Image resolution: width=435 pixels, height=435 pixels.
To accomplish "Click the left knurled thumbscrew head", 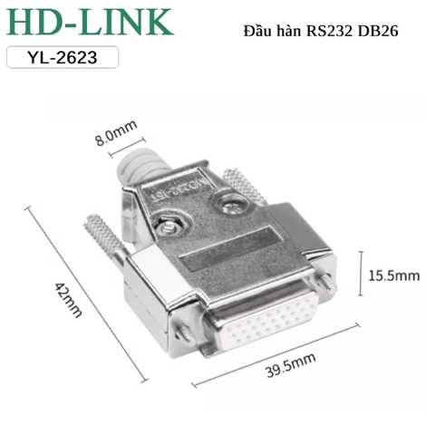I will coord(101,237).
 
